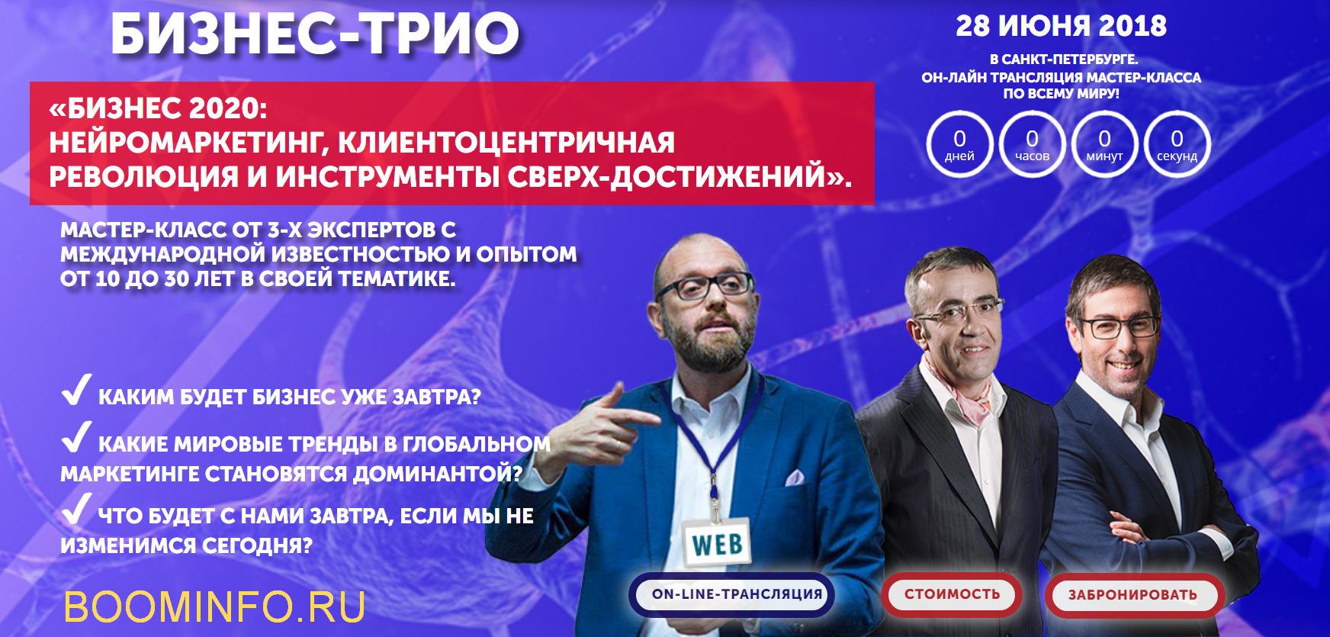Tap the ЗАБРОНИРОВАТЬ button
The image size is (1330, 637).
(x=1132, y=595)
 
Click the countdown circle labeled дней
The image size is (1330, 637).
(x=959, y=144)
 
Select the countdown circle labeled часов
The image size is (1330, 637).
(x=1032, y=144)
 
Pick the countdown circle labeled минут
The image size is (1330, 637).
(x=1104, y=144)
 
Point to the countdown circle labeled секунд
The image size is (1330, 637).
(x=1177, y=144)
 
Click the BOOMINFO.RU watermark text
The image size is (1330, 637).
(x=214, y=607)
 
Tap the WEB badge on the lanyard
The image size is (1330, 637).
(x=717, y=544)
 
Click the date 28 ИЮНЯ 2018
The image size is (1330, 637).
(x=1061, y=26)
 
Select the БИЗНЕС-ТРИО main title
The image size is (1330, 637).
(x=315, y=34)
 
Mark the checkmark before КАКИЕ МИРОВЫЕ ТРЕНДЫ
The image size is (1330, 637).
(x=76, y=437)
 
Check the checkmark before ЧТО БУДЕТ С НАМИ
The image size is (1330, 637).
(x=76, y=509)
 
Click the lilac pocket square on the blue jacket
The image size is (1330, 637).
(x=795, y=478)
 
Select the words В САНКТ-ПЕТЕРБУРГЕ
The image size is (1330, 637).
(x=1063, y=60)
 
